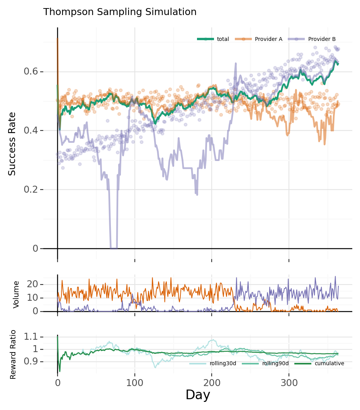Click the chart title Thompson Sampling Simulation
click(x=120, y=12)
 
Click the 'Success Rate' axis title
click(x=12, y=144)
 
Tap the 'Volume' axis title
click(x=16, y=295)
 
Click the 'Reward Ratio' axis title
click(x=13, y=354)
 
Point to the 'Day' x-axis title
click(x=198, y=395)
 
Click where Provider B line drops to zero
click(x=114, y=248)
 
